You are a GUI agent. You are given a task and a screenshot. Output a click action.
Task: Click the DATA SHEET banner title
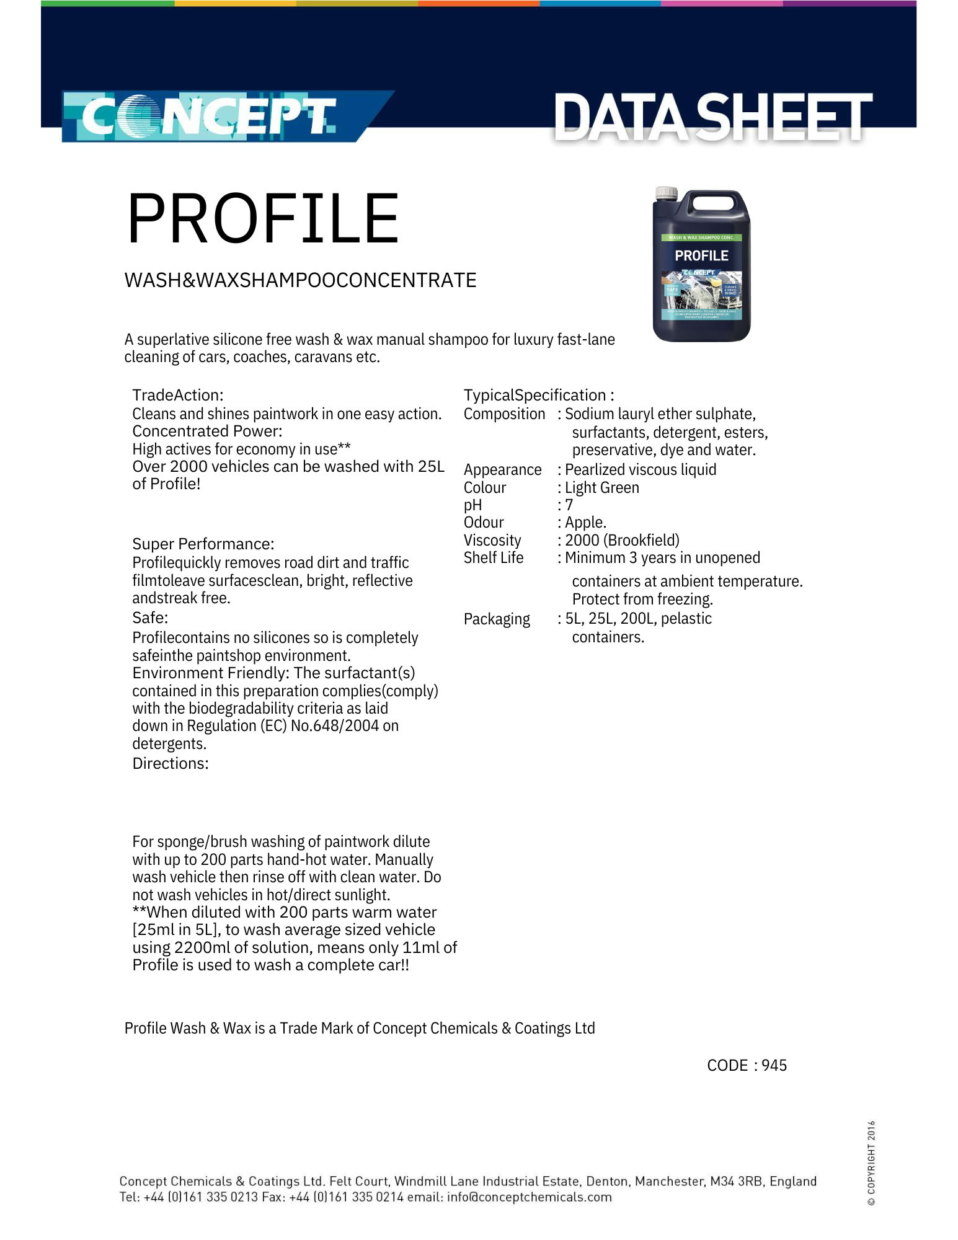tap(712, 117)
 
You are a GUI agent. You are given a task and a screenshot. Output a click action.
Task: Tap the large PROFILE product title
tap(263, 219)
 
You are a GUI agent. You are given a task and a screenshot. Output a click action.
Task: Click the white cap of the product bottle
tap(667, 193)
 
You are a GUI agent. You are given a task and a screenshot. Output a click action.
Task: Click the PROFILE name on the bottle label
tap(701, 256)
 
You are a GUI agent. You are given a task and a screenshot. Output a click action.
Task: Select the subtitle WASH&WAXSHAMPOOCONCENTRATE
tap(301, 280)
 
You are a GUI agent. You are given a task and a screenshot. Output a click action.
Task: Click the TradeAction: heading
tap(178, 395)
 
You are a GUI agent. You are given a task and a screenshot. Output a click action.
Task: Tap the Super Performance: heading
tap(203, 544)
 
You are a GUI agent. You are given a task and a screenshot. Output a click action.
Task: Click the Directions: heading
tap(171, 763)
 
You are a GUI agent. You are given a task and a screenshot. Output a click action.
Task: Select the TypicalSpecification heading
tap(538, 395)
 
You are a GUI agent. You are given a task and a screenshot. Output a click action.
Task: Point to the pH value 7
tap(569, 505)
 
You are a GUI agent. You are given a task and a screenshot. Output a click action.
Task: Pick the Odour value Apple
tap(585, 523)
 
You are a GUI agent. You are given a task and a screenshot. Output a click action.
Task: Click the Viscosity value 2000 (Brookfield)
tap(622, 540)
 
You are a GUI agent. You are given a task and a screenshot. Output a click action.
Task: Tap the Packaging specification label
tap(497, 619)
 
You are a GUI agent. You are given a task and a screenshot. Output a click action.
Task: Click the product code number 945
tap(774, 1065)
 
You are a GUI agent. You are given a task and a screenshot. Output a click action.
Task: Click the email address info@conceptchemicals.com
tap(529, 1197)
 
